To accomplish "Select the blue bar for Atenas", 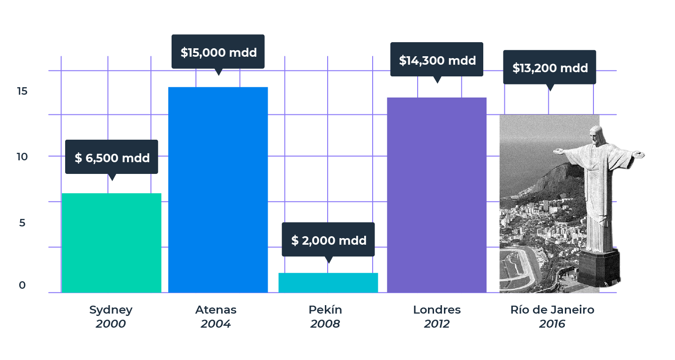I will click(x=218, y=190).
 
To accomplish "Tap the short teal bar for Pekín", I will click(x=328, y=283).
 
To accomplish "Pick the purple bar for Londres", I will click(x=436, y=195).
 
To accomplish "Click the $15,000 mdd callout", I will click(x=218, y=52).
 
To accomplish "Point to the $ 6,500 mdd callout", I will click(x=112, y=157).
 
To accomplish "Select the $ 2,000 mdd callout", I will click(x=328, y=240).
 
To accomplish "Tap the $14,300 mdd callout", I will click(x=437, y=60).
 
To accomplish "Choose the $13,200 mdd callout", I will click(x=549, y=67).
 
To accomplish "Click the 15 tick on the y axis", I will click(x=22, y=91).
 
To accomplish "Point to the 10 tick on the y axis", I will click(x=22, y=157).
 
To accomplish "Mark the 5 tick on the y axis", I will click(x=22, y=223).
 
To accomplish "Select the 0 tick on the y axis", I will click(x=22, y=285).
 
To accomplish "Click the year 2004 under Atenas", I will click(x=216, y=324).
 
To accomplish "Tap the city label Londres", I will click(x=436, y=310).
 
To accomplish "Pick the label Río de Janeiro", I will click(x=552, y=310).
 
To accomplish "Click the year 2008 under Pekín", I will click(x=325, y=324).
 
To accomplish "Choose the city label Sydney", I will click(x=111, y=310).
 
